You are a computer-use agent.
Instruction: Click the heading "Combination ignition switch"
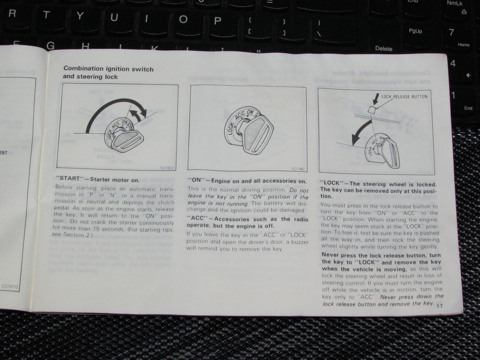(x=108, y=69)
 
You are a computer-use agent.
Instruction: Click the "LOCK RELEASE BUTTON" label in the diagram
(x=404, y=97)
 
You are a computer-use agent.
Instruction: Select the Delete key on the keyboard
(x=383, y=48)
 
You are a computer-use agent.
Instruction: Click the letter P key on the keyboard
(x=217, y=21)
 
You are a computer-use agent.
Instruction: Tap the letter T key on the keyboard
(x=47, y=15)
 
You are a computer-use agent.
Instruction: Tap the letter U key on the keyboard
(x=114, y=17)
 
